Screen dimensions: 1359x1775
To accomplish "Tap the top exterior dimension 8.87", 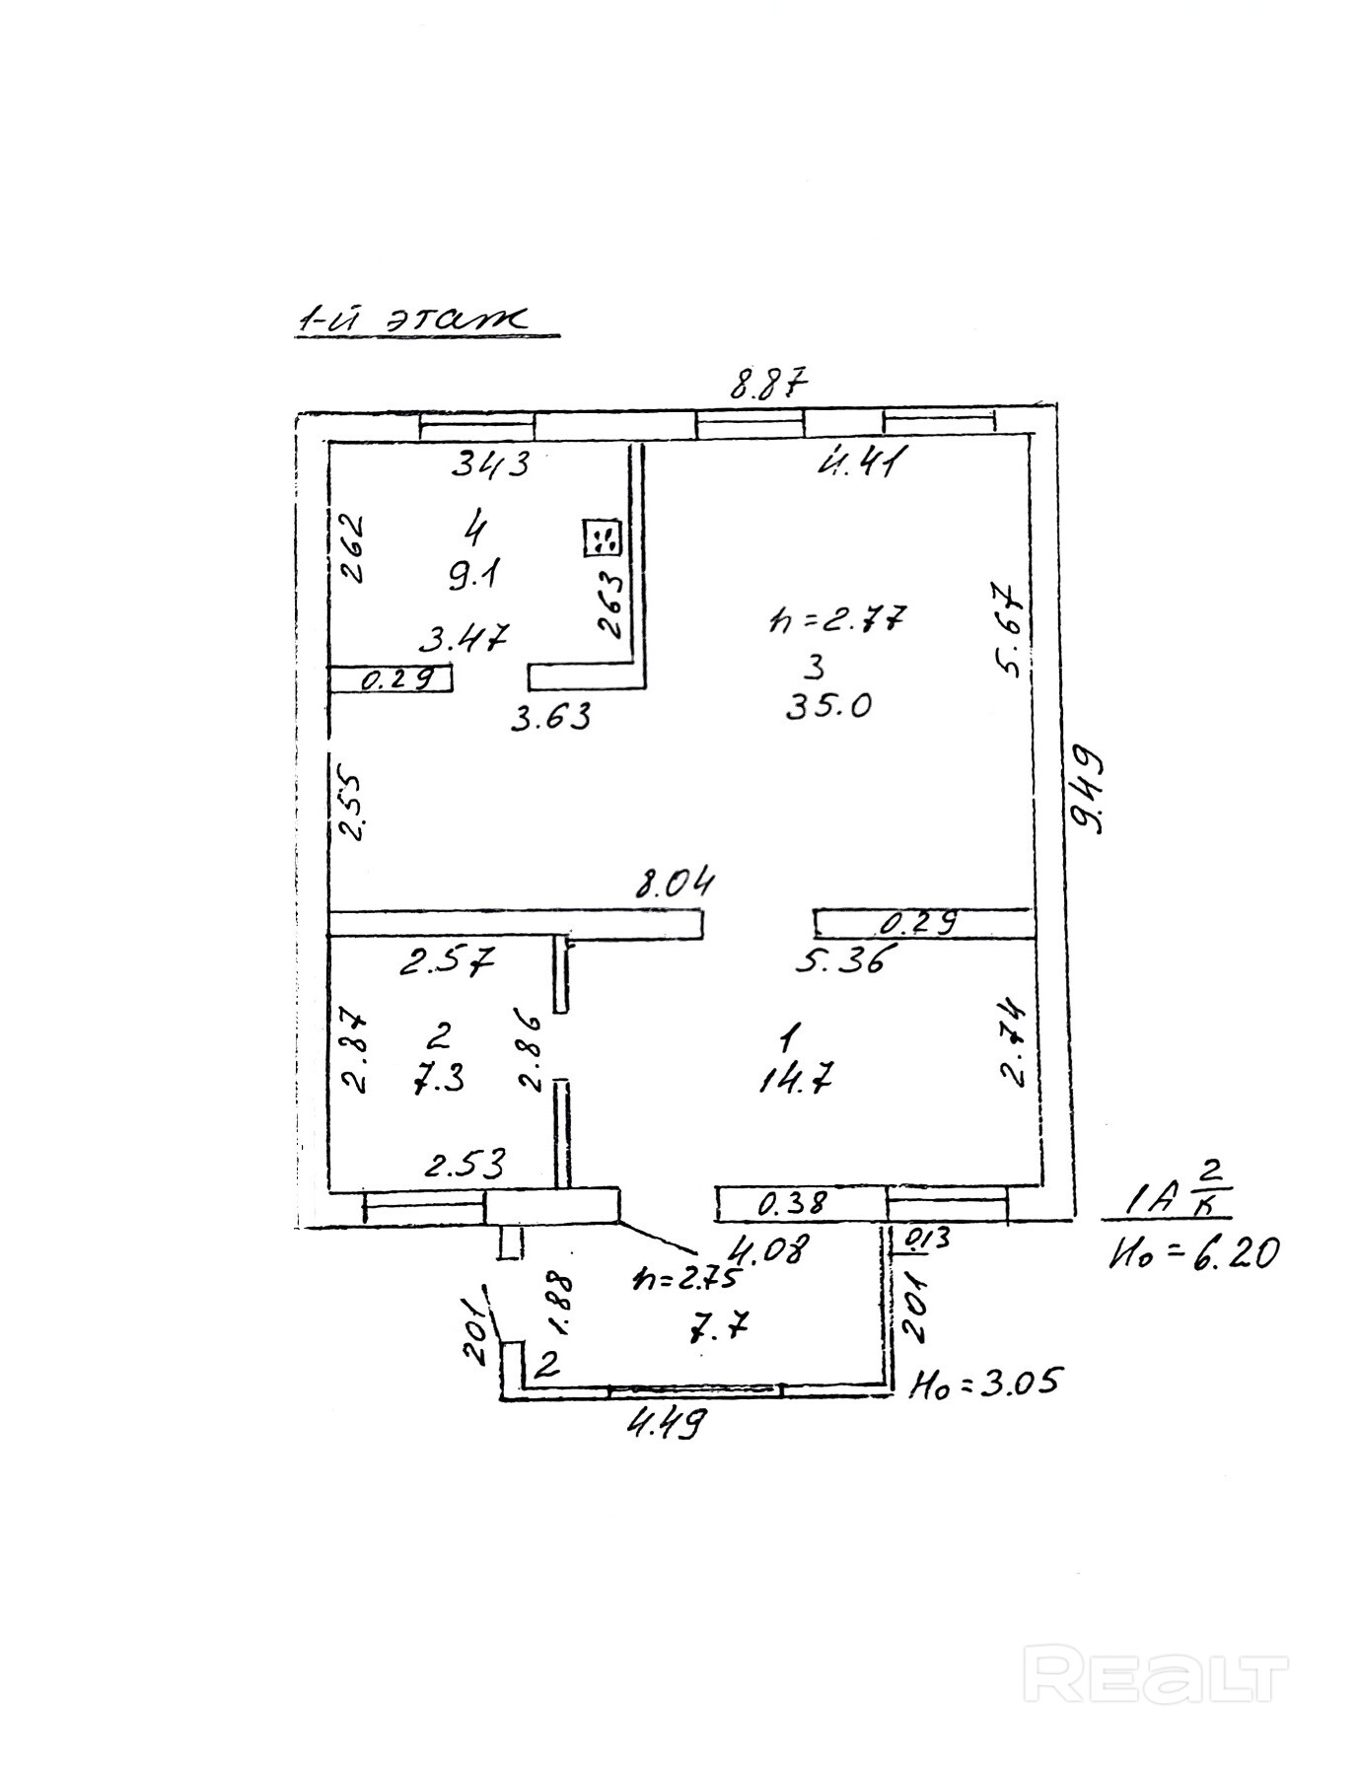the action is [768, 384].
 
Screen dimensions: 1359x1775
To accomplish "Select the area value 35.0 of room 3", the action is [828, 706].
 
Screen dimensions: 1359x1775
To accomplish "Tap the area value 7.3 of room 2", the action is [439, 1081].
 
